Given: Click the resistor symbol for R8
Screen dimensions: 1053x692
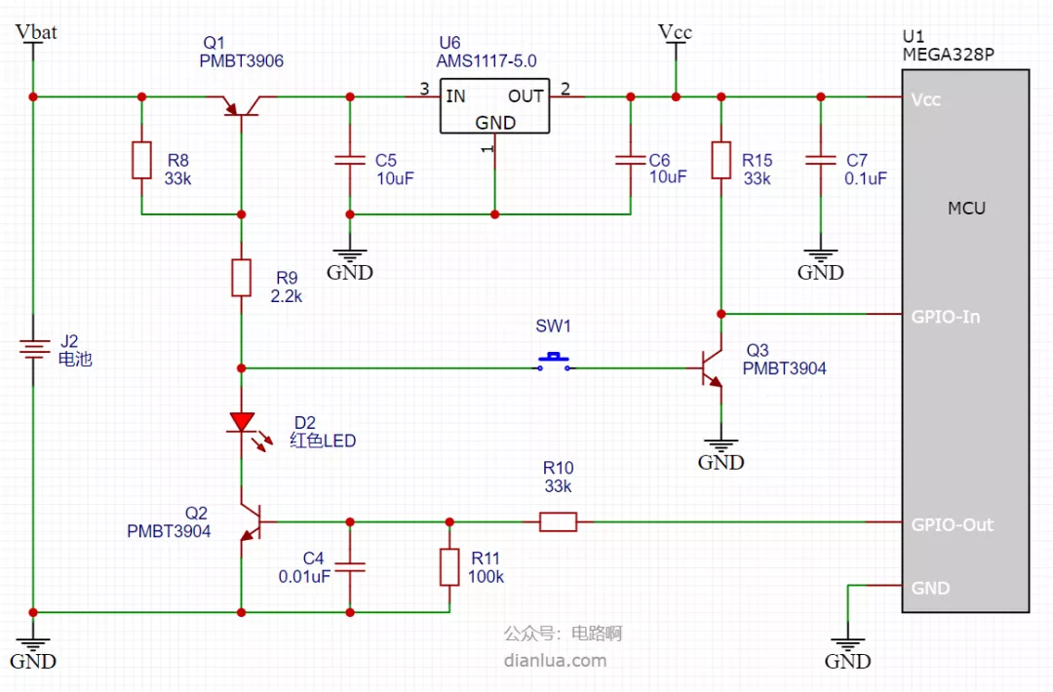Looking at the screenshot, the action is [x=141, y=160].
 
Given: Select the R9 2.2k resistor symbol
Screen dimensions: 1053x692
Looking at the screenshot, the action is [x=241, y=277].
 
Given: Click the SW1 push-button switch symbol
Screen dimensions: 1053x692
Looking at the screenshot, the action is [x=554, y=361].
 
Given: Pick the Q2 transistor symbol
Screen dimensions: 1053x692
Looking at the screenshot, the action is [x=251, y=521].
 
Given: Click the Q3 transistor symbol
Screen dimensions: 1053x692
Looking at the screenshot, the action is [x=712, y=367].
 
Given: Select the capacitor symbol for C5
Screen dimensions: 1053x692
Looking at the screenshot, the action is [x=350, y=160].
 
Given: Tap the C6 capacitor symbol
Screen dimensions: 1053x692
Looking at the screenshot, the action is [x=631, y=160].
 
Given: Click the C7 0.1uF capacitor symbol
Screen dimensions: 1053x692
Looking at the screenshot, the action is [x=821, y=160].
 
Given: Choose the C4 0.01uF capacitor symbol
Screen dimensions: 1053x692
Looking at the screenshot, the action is [x=350, y=567].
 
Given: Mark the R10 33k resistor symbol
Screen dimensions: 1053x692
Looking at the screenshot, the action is [x=558, y=521].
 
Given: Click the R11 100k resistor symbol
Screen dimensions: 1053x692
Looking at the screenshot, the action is [x=449, y=567].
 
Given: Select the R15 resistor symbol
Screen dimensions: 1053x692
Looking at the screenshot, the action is [x=721, y=160].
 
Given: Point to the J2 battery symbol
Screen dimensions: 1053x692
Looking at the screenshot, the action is [x=33, y=348].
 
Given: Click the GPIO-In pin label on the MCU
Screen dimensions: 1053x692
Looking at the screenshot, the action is [x=945, y=317].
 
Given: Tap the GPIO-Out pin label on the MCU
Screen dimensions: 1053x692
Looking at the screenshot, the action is [x=952, y=525].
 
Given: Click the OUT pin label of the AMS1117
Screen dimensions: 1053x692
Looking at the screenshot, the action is [x=526, y=96].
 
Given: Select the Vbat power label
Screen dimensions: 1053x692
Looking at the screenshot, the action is [x=36, y=31].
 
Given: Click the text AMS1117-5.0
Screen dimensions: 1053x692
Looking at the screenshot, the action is [x=487, y=61].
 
